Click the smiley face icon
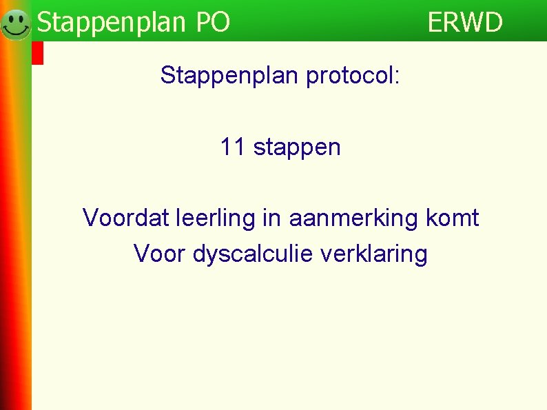tap(16, 24)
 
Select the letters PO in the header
tap(213, 23)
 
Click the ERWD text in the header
tap(465, 23)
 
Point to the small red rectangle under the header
tap(38, 53)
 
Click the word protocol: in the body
tap(351, 75)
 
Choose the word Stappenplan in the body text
tap(230, 75)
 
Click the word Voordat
tap(126, 218)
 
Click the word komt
tap(453, 218)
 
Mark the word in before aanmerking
tap(272, 218)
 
